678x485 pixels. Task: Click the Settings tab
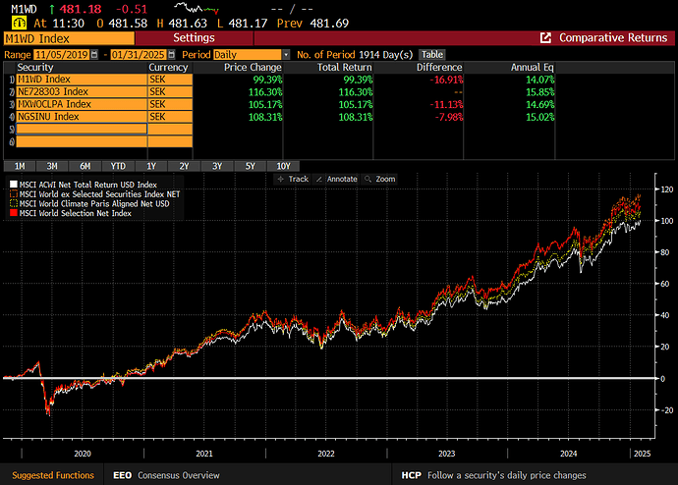194,38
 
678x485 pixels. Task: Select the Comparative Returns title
613,38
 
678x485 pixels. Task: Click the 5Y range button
251,166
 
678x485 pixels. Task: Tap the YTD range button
118,166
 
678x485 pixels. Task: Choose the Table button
432,55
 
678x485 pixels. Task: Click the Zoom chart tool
380,179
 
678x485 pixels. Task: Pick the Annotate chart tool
337,179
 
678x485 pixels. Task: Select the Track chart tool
293,179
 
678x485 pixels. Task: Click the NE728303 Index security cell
82,92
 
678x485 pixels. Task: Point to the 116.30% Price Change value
265,92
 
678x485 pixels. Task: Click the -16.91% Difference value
446,80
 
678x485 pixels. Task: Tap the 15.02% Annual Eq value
539,117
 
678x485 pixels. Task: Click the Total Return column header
344,68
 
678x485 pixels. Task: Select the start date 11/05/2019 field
61,55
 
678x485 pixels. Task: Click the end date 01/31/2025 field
139,55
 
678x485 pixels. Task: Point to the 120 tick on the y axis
667,189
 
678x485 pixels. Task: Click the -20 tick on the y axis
666,409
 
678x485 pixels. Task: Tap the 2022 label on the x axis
326,454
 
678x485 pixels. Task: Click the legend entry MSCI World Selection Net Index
71,213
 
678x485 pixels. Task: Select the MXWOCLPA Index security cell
82,104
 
